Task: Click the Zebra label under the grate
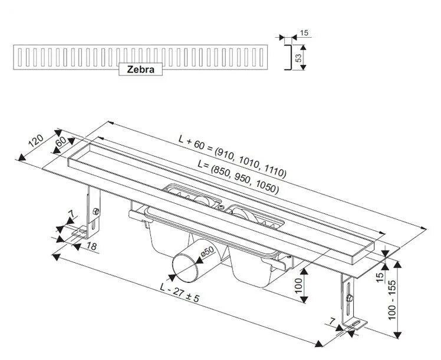click(140, 69)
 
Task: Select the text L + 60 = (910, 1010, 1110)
click(232, 157)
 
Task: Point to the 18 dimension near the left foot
click(91, 246)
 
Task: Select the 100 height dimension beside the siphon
click(299, 287)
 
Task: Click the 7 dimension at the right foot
click(333, 321)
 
